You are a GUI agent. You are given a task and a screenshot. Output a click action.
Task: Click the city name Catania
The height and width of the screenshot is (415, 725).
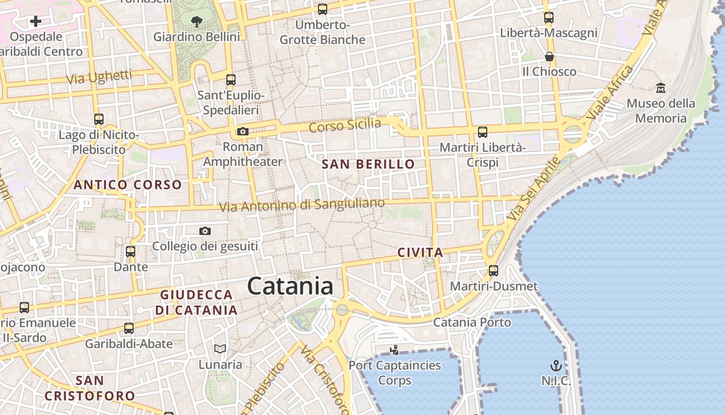290,286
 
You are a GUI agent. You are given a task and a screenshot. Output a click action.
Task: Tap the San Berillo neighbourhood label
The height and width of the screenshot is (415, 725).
368,164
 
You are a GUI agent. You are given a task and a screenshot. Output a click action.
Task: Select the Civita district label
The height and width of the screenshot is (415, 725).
420,253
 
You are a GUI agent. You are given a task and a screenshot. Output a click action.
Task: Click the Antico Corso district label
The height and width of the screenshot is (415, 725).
127,185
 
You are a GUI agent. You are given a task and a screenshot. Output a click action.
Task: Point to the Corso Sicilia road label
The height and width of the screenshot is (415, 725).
345,126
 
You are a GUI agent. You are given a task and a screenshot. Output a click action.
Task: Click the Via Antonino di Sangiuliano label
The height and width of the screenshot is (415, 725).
302,205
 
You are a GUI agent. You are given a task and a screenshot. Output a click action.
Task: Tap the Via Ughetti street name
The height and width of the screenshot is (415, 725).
99,77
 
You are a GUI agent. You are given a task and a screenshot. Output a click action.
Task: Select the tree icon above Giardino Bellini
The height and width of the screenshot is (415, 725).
196,21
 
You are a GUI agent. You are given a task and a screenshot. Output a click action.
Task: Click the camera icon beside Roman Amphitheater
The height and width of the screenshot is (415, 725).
242,131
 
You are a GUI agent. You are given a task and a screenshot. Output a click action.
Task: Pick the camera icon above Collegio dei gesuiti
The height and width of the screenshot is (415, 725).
205,231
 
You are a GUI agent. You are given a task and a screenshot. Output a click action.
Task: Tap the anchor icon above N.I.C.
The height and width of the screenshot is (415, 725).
556,365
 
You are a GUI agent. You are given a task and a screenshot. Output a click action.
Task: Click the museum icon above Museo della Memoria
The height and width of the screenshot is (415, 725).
661,88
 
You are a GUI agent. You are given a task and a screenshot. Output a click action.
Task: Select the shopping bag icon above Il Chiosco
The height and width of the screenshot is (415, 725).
549,56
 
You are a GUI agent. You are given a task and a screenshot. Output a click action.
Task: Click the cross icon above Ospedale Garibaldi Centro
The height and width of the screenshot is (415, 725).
36,21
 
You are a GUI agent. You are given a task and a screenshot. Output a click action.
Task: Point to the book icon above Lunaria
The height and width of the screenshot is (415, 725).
220,349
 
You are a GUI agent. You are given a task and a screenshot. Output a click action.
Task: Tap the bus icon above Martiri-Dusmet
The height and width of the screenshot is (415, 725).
494,270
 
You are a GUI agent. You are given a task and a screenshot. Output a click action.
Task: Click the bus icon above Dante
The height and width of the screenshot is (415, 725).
130,252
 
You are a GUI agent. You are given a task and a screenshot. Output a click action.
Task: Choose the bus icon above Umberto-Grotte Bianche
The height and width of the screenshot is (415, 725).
323,9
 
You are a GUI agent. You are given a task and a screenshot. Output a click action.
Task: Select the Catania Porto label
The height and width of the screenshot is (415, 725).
472,322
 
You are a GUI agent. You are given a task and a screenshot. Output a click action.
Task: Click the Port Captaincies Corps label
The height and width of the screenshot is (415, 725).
395,372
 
